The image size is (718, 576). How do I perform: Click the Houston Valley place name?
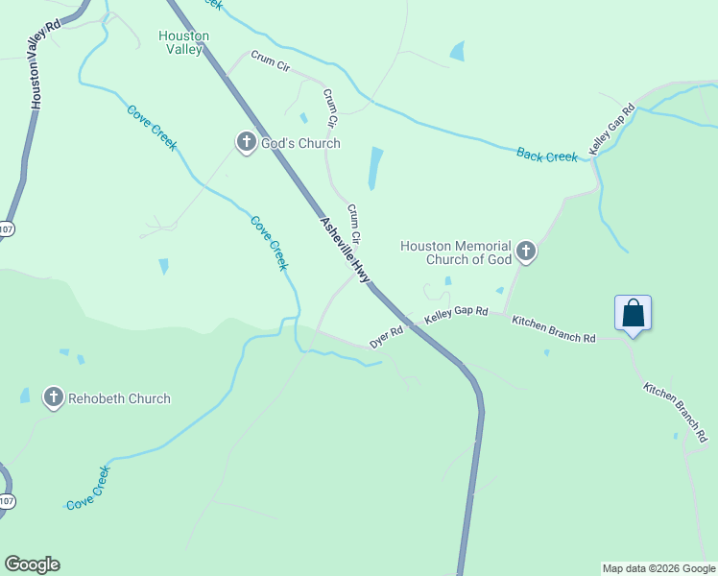tap(183, 42)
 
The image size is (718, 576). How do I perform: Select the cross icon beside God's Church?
tap(246, 143)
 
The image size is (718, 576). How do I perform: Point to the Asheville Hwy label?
tap(345, 249)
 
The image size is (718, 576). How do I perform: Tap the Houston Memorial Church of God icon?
tap(525, 252)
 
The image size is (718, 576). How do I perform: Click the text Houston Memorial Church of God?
tap(456, 252)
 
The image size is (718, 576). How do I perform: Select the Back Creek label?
tap(547, 155)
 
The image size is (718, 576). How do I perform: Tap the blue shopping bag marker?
tap(633, 313)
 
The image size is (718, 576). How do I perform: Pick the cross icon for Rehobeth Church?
tap(54, 398)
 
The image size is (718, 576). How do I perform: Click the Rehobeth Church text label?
tap(119, 398)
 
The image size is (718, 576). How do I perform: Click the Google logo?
tap(32, 564)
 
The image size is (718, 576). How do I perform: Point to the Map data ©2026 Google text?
tap(658, 568)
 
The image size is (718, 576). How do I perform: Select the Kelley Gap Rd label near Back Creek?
tap(613, 130)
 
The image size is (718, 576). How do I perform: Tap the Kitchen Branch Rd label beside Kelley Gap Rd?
tap(554, 331)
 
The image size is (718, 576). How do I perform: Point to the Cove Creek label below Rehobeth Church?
tap(88, 487)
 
